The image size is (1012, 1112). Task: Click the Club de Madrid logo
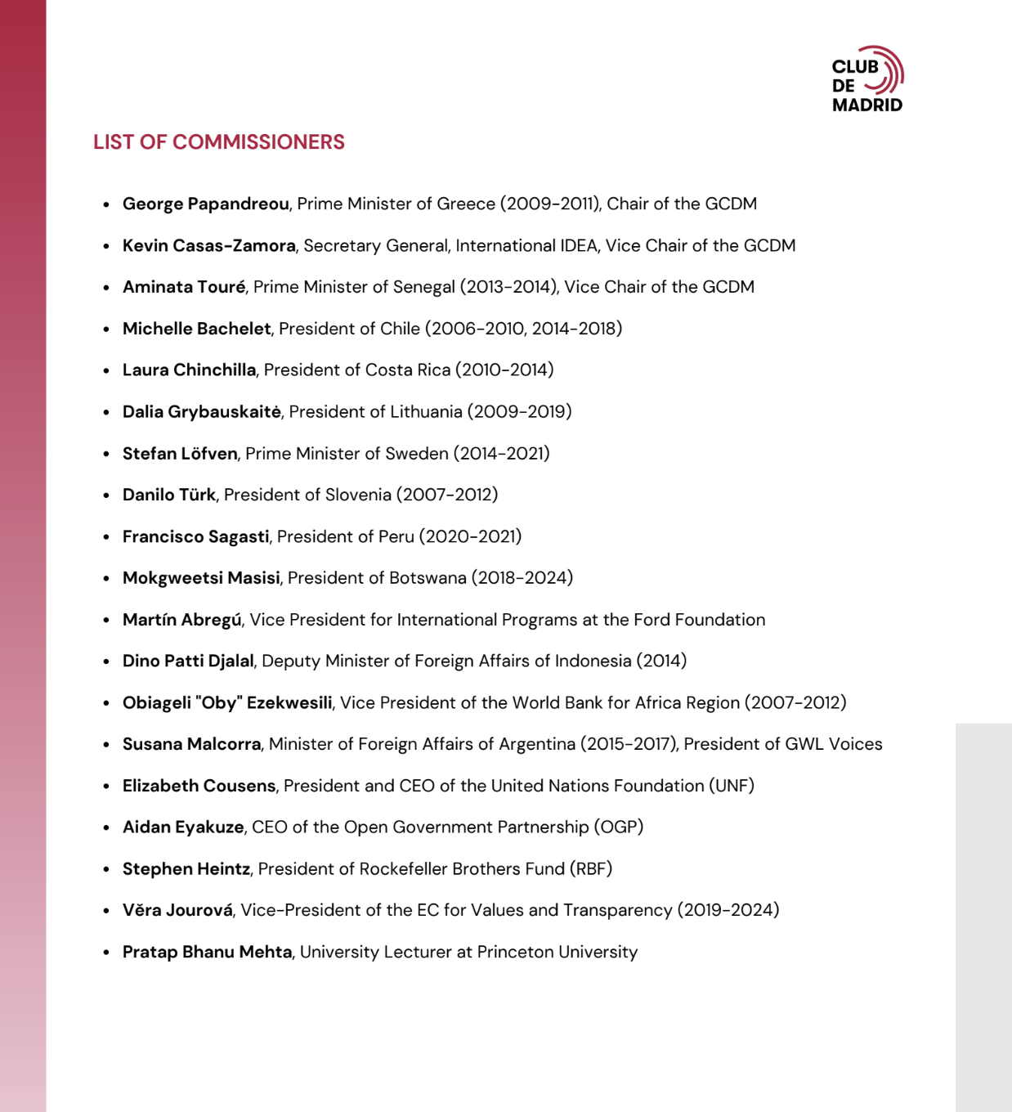pyautogui.click(x=867, y=79)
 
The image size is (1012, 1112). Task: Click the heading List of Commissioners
pyautogui.click(x=218, y=142)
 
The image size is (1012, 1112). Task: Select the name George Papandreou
pyautogui.click(x=205, y=204)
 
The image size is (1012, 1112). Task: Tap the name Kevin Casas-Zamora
pyautogui.click(x=208, y=245)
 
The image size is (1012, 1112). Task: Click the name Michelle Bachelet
pyautogui.click(x=196, y=329)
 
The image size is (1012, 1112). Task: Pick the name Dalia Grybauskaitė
pyautogui.click(x=201, y=411)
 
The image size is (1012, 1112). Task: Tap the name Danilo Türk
pyautogui.click(x=168, y=495)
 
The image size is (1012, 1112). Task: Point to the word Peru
pyautogui.click(x=396, y=536)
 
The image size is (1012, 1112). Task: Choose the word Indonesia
pyautogui.click(x=593, y=661)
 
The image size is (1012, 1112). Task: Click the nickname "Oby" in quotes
pyautogui.click(x=219, y=702)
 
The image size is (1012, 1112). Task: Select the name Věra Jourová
pyautogui.click(x=177, y=910)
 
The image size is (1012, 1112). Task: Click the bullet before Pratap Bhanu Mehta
pyautogui.click(x=106, y=953)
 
